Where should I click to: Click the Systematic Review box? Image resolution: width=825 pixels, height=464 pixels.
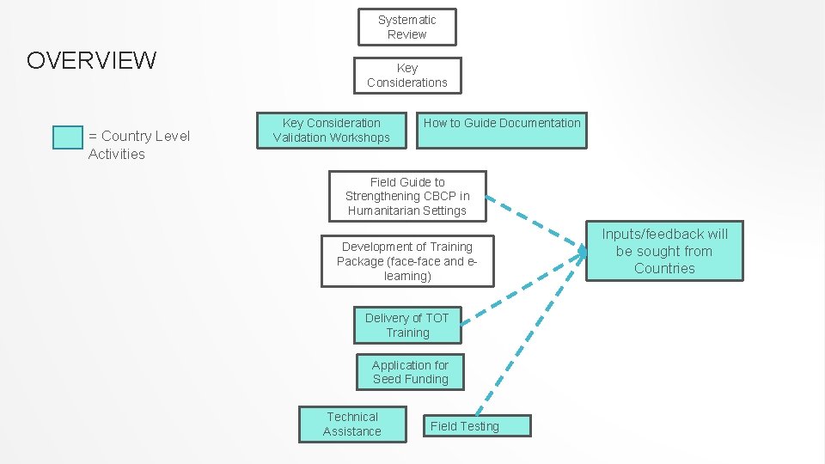406,27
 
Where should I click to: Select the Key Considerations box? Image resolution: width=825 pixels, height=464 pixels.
406,75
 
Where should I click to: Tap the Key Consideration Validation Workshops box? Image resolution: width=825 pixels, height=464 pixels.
331,131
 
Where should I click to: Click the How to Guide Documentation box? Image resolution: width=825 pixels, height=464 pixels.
502,131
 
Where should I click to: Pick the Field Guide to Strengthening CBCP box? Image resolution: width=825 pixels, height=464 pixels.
406,196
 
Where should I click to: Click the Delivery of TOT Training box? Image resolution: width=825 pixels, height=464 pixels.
406,325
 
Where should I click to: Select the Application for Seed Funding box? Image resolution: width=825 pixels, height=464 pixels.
410,372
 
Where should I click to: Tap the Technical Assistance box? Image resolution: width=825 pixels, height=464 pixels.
351,424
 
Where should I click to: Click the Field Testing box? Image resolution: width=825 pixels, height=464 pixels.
477,425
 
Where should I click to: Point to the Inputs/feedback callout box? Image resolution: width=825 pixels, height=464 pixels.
664,251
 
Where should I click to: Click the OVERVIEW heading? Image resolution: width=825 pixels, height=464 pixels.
92,61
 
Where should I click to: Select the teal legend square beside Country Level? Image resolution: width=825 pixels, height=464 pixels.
68,137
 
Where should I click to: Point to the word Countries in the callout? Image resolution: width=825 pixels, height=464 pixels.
664,268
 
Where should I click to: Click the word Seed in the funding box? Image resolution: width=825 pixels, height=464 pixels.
388,379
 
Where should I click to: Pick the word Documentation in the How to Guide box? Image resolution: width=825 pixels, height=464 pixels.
540,123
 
